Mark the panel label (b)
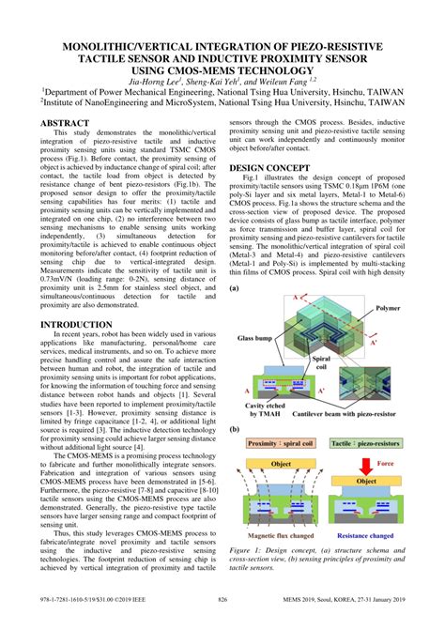[235, 429]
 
